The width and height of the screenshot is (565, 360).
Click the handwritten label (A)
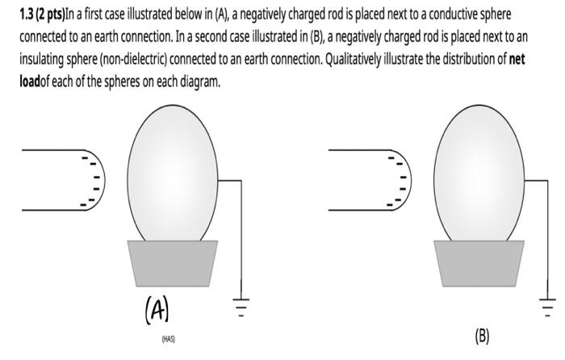point(157,310)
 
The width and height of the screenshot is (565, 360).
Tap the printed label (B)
point(482,336)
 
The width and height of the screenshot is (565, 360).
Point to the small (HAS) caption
point(168,339)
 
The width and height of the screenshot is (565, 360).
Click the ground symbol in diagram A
point(241,305)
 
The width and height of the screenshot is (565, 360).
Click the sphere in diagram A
point(173,173)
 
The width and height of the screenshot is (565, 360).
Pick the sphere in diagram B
point(479,173)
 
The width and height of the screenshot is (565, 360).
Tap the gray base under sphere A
point(173,262)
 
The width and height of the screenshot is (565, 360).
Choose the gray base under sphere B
point(479,262)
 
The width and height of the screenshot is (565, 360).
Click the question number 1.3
point(29,15)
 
